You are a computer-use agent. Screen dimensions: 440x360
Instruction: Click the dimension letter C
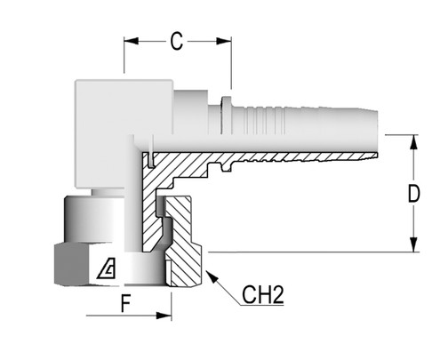[177, 41]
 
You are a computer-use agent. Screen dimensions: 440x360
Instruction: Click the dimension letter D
[413, 194]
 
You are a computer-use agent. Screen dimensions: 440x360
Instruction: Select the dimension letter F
[126, 303]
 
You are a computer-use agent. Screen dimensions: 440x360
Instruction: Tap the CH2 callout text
[263, 294]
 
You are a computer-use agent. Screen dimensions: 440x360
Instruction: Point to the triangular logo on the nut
[107, 268]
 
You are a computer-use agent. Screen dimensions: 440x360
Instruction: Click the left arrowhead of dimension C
[132, 41]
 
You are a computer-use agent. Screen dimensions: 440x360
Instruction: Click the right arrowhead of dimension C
[224, 41]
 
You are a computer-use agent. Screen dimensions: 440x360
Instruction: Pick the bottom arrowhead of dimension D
[414, 244]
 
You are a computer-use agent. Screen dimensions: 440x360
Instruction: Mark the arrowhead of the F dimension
[164, 316]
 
